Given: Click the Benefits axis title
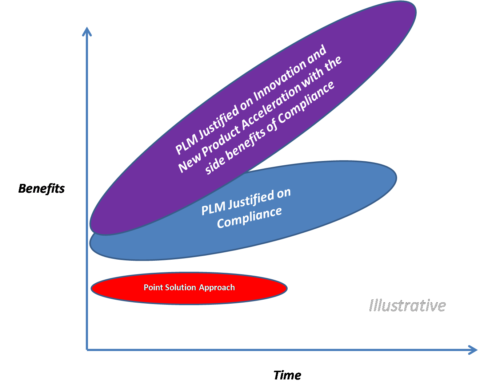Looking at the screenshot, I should point(41,189).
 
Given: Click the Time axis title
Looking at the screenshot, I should point(287,375).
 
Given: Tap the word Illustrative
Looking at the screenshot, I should point(407,306).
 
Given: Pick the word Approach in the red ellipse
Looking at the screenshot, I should point(217,288).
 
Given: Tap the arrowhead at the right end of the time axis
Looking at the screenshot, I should point(472,350).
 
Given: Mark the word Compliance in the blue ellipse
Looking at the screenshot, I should point(249,217).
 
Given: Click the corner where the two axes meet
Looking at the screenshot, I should point(87,350).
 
